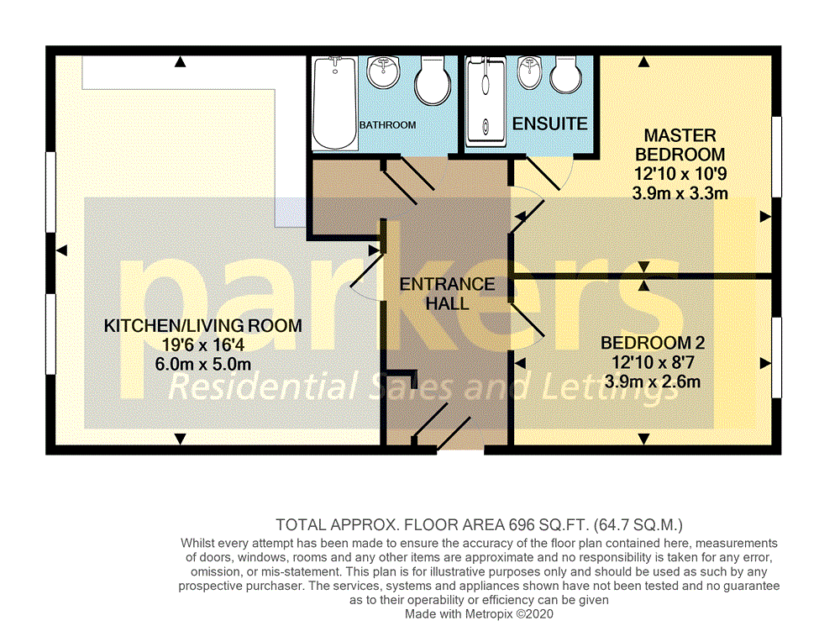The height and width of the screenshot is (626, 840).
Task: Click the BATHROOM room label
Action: pyautogui.click(x=387, y=125)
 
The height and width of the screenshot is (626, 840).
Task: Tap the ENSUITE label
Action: pyautogui.click(x=549, y=124)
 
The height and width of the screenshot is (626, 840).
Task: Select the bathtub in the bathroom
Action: pyautogui.click(x=335, y=103)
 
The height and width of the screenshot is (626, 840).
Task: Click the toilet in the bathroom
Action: pyautogui.click(x=433, y=80)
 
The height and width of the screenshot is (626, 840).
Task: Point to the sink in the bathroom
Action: pyautogui.click(x=383, y=71)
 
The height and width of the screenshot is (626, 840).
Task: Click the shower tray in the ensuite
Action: pyautogui.click(x=486, y=102)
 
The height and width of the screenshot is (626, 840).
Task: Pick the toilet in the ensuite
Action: pyautogui.click(x=565, y=74)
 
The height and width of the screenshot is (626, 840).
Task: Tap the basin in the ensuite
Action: pyautogui.click(x=529, y=71)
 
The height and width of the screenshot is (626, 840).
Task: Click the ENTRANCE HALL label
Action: pyautogui.click(x=448, y=294)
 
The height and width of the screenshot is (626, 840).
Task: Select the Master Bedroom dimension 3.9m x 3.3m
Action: pyautogui.click(x=680, y=193)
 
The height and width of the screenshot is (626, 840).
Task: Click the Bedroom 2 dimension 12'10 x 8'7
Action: pyautogui.click(x=653, y=362)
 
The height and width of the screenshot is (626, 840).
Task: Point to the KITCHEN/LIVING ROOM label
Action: pyautogui.click(x=203, y=325)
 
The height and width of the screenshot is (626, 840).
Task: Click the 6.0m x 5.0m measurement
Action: pyautogui.click(x=203, y=365)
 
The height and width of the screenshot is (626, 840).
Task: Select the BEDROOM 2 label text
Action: pyautogui.click(x=653, y=343)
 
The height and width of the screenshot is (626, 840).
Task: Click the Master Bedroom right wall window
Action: pyautogui.click(x=776, y=156)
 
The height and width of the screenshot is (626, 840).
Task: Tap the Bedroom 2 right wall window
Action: pyautogui.click(x=776, y=357)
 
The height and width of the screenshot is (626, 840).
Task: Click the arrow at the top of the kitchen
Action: pyautogui.click(x=181, y=62)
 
